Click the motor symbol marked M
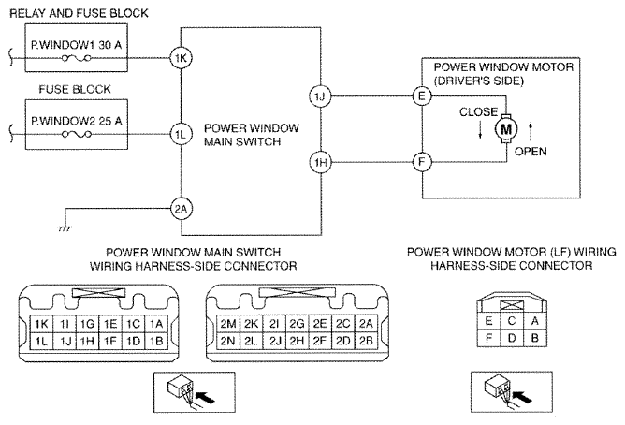[x=507, y=127]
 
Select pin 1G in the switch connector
[x=88, y=324]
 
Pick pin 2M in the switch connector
[x=227, y=324]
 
